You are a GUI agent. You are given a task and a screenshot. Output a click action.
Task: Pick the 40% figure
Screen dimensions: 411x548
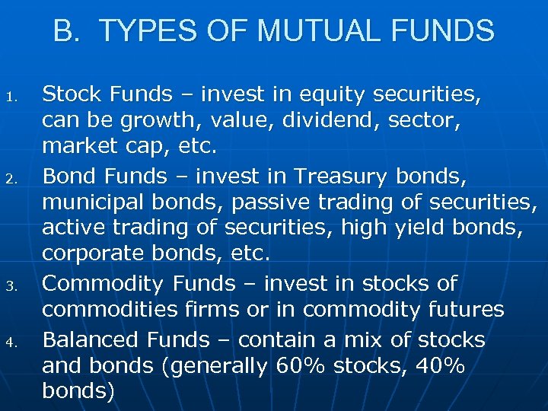click(x=441, y=365)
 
